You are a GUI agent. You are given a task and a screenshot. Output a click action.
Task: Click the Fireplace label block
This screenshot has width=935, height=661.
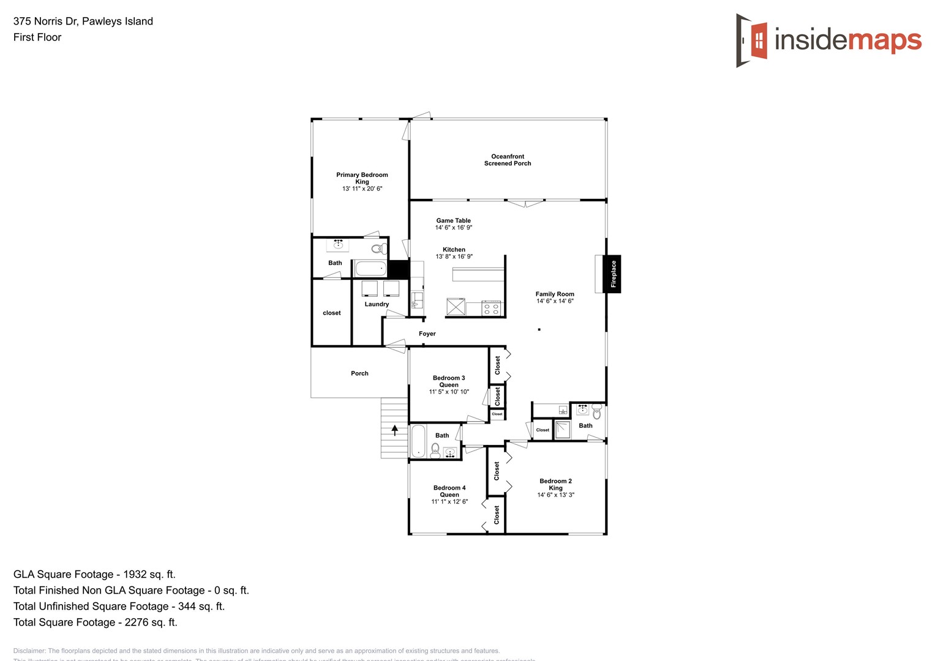tap(613, 274)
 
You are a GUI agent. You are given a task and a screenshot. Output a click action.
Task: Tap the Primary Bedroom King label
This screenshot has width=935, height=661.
tap(362, 178)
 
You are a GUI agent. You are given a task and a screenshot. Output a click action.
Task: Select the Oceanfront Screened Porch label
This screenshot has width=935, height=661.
tap(508, 160)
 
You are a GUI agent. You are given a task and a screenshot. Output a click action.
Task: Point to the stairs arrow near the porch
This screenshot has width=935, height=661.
tap(395, 430)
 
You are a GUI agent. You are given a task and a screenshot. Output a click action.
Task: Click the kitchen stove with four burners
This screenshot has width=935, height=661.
tap(492, 308)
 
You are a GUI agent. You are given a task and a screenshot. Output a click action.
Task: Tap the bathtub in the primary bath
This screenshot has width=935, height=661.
tap(370, 269)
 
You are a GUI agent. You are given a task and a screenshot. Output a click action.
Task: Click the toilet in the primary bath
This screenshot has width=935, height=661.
tap(380, 248)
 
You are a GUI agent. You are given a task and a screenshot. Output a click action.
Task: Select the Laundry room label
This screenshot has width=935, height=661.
tap(377, 304)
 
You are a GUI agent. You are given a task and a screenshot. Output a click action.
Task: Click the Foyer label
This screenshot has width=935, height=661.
tap(427, 334)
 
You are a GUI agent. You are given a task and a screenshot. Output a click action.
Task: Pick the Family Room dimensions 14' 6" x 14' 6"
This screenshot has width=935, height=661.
tap(555, 301)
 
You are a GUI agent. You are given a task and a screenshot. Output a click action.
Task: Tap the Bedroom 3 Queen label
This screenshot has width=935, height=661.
tap(449, 381)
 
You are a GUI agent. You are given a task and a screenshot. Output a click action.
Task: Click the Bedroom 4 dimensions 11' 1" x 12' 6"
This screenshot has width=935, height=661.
tap(449, 502)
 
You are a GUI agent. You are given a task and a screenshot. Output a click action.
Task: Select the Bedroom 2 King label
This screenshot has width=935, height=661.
tap(555, 484)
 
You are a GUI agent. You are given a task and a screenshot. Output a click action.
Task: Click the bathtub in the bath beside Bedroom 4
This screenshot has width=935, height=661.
tap(418, 441)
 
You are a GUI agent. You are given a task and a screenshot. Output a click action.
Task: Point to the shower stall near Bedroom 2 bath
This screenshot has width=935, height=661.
tap(562, 430)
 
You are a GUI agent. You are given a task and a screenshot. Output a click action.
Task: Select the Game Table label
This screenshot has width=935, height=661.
tap(454, 220)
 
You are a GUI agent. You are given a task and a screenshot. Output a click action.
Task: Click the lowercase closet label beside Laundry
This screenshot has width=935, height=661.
tap(332, 313)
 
